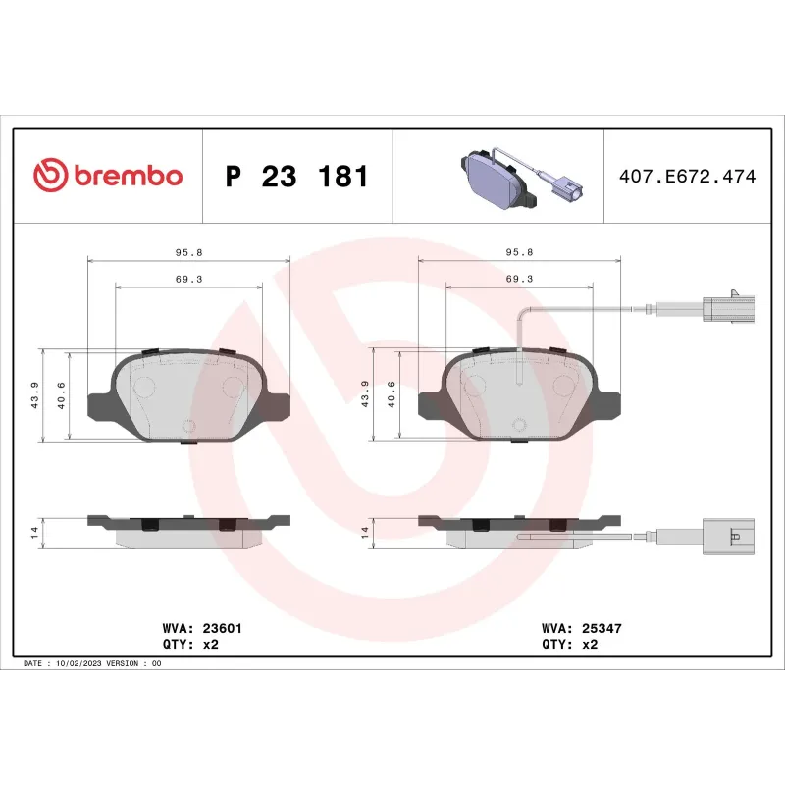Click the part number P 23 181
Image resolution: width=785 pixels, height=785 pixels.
[297, 177]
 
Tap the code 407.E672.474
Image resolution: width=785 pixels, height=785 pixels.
[687, 177]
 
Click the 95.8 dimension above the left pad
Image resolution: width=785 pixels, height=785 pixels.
[189, 252]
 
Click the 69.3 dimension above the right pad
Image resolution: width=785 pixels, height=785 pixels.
[519, 279]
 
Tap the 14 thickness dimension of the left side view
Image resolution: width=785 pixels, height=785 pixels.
[34, 532]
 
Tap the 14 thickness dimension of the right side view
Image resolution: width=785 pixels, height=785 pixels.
[365, 532]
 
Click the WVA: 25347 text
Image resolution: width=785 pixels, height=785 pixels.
[582, 627]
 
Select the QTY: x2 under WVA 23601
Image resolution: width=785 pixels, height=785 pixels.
[187, 644]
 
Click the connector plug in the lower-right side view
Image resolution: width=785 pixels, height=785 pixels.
[727, 536]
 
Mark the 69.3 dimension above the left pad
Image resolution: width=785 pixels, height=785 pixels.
[189, 279]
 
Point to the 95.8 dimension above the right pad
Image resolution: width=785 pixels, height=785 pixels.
[519, 252]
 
